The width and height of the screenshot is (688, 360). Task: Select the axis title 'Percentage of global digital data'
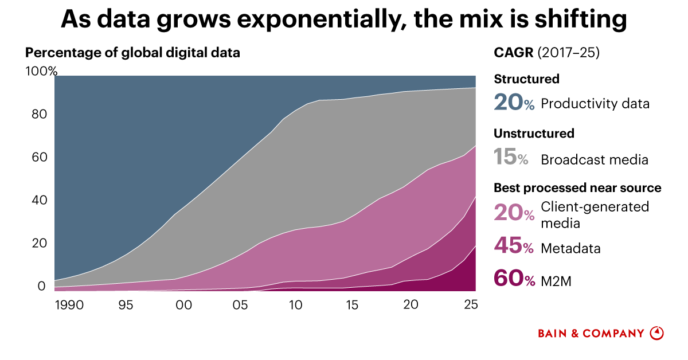point(132,53)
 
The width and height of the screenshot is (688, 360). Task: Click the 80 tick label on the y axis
point(38,115)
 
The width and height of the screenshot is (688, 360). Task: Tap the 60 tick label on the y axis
point(38,158)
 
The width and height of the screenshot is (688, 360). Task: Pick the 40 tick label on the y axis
point(38,201)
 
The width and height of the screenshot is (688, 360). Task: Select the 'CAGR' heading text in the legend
point(514,53)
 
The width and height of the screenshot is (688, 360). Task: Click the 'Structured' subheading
point(526,79)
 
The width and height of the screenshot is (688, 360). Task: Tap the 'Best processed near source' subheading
point(577,188)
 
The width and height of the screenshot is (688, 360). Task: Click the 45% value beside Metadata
point(514,248)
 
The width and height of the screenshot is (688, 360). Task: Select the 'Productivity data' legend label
point(595,104)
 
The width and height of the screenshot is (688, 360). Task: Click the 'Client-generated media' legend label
point(595,214)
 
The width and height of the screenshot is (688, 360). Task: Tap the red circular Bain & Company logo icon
point(656,333)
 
